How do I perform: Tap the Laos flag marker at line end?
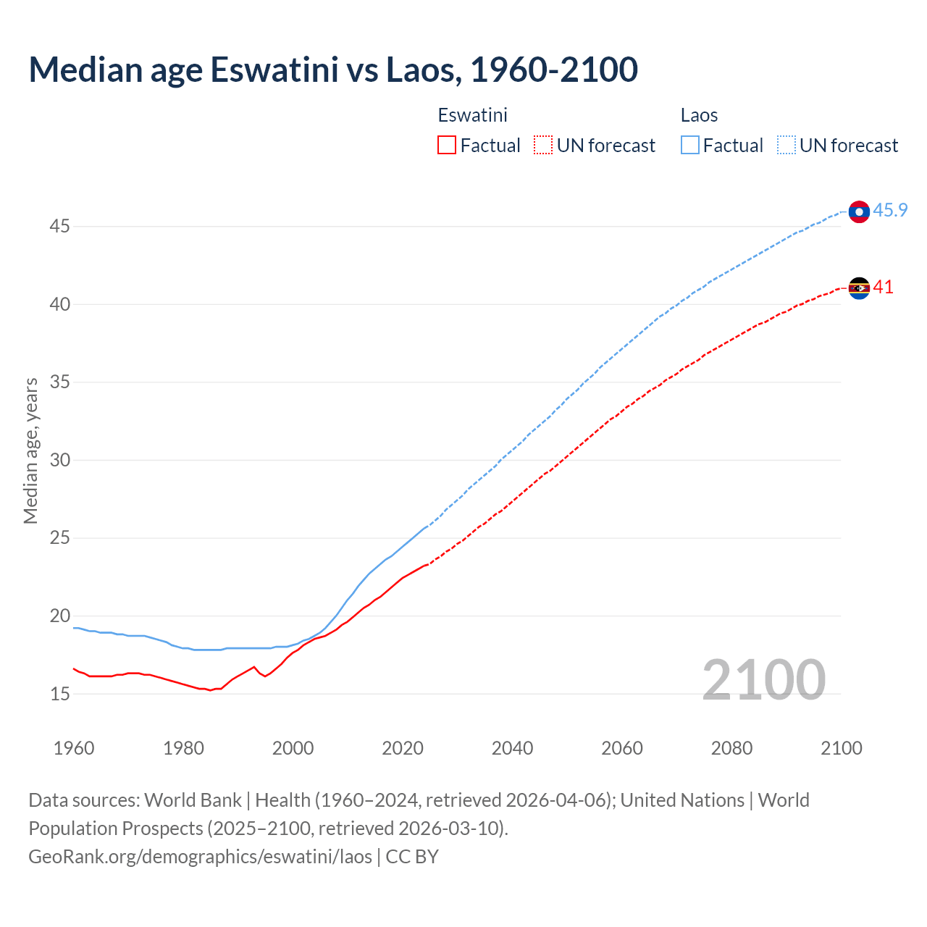coord(859,211)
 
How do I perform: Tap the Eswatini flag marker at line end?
coord(859,288)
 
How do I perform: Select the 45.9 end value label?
coord(890,211)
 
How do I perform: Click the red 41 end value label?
coord(883,288)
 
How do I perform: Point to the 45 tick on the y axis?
coord(59,227)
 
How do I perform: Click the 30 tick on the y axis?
coord(59,461)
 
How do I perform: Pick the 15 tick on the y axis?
coord(59,694)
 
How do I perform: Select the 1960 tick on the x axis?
coord(74,748)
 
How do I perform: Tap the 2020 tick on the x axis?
coord(403,748)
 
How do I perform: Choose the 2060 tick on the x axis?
coord(622,748)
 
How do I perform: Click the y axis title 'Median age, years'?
coord(30,450)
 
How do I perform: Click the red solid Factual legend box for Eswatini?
coord(447,146)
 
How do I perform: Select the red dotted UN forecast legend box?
coord(543,146)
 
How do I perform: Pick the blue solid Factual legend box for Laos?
coord(690,146)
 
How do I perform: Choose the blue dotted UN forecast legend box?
coord(786,146)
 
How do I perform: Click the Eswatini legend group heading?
coord(472,115)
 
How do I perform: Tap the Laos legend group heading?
coord(699,115)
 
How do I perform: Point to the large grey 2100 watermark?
coord(763,679)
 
